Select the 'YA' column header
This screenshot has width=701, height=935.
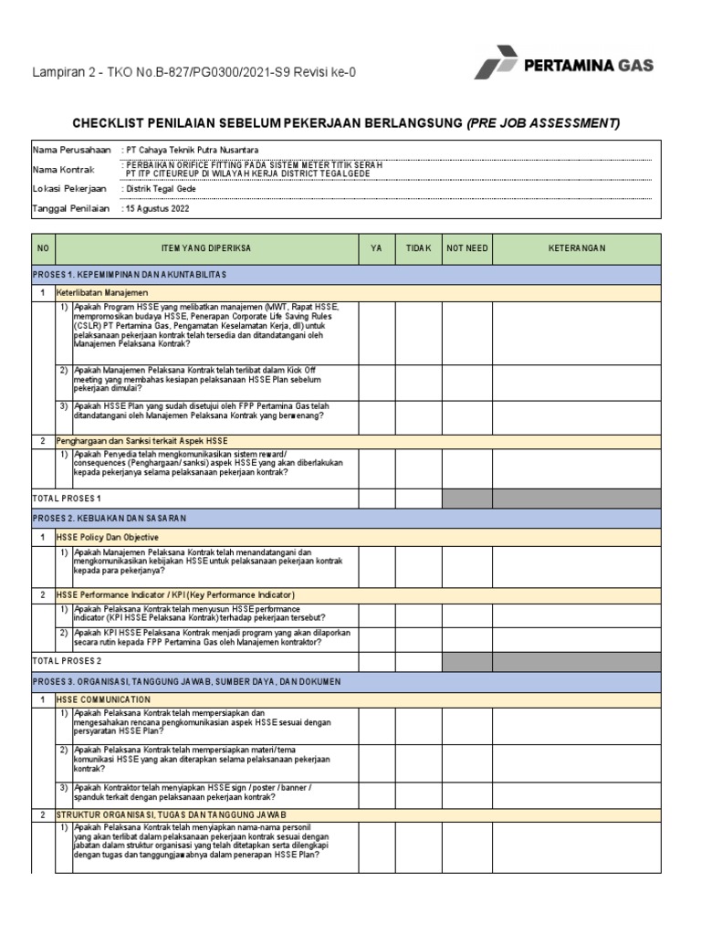376,248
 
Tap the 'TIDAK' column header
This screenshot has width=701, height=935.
418,248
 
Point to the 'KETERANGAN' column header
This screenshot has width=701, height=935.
576,248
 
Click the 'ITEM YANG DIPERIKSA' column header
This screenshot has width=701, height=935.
206,248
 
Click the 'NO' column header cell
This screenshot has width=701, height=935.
43,248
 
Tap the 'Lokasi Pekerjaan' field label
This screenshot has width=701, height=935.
69,189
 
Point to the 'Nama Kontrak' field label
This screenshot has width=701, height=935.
64,169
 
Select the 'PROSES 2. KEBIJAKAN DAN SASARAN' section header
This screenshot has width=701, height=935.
109,518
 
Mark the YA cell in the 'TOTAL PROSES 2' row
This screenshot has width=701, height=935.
376,660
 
